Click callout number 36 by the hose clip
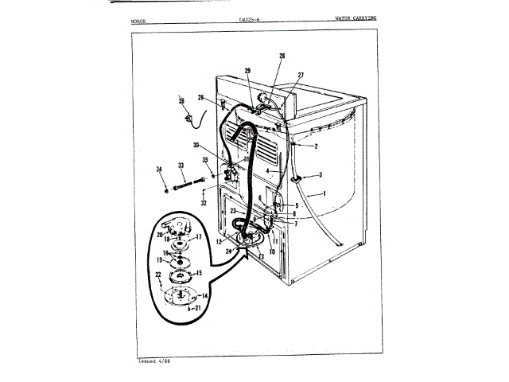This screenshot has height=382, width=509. [181, 101]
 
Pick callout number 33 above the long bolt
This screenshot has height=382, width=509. [181, 166]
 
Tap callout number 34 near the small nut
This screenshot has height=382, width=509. [160, 169]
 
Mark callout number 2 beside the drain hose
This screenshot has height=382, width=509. [315, 146]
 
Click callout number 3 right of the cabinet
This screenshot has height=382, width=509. [320, 175]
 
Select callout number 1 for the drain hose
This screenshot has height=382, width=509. [324, 194]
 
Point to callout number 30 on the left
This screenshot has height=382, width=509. [196, 145]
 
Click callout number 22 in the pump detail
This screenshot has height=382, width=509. [158, 275]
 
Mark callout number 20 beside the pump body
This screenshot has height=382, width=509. [159, 235]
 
